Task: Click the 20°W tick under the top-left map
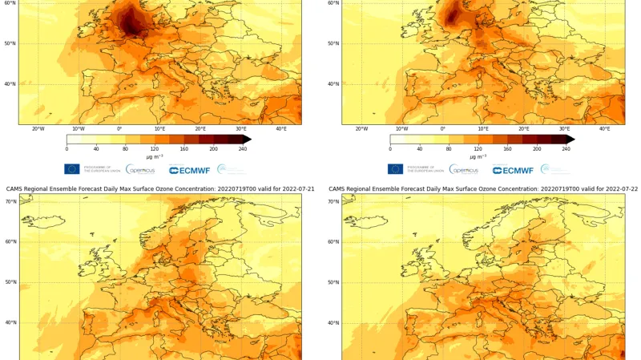pos(38,129)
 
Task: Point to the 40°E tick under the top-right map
pos(604,129)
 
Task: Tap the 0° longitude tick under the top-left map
pos(119,129)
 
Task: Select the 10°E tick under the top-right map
pos(483,129)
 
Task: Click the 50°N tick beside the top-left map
pos(10,43)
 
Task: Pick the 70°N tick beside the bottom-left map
pos(10,201)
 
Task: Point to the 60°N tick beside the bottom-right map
pos(334,241)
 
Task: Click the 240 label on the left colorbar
pos(242,149)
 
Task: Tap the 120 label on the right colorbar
pos(478,149)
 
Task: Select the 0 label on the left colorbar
pos(67,149)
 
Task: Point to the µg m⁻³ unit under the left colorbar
pos(155,156)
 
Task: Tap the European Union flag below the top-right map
pos(395,169)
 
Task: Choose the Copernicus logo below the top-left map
pos(141,169)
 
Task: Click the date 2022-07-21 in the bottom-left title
pos(289,189)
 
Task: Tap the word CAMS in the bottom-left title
pos(15,189)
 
